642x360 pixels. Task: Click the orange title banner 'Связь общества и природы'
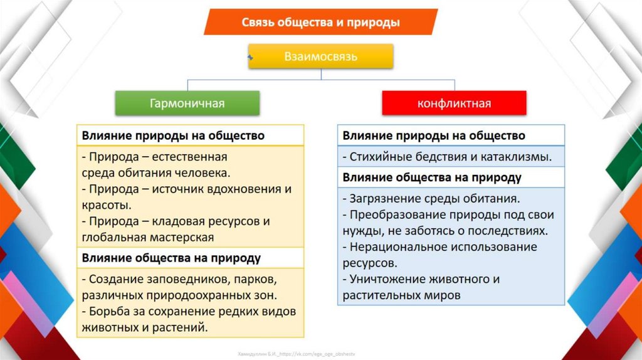320,23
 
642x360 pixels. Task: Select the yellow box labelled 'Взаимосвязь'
321,56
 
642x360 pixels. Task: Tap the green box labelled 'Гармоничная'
187,103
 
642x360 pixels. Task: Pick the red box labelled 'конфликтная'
454,103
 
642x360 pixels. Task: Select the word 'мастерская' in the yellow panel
182,238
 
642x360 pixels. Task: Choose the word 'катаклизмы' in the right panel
520,157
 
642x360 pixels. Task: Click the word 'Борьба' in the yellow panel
108,311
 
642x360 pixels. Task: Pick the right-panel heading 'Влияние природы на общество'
433,135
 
